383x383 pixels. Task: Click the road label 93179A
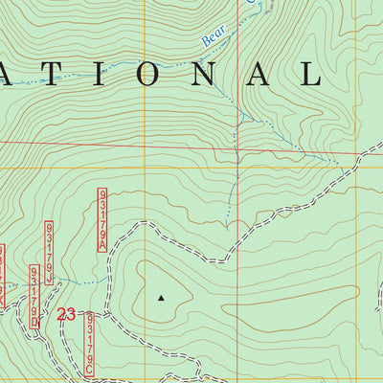[101, 219]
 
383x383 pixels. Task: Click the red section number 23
[66, 313]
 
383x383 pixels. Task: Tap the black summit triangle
[161, 298]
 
